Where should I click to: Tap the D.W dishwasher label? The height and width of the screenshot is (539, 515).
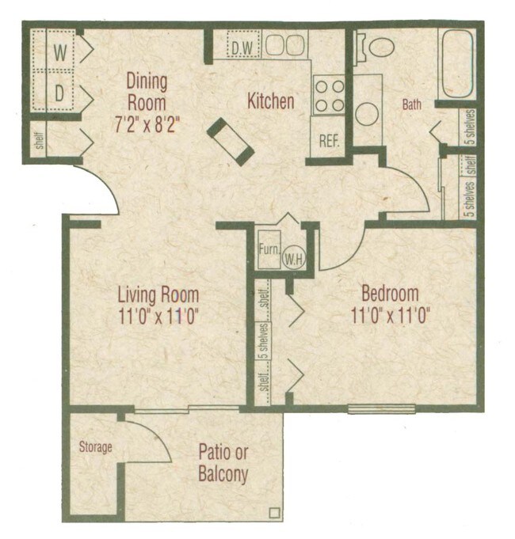(243, 47)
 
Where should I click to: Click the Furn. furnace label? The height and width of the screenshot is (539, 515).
(269, 248)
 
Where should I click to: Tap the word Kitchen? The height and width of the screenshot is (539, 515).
(271, 102)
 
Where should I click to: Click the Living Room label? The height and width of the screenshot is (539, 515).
(158, 295)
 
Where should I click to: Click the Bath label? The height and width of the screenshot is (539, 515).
(412, 104)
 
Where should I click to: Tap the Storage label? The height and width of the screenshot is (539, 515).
(95, 448)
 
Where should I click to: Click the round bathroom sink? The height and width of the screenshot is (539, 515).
(367, 112)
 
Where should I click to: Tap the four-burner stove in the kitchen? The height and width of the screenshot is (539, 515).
(330, 94)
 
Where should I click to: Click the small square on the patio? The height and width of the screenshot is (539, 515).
(274, 511)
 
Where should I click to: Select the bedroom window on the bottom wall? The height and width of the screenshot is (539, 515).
(381, 409)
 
